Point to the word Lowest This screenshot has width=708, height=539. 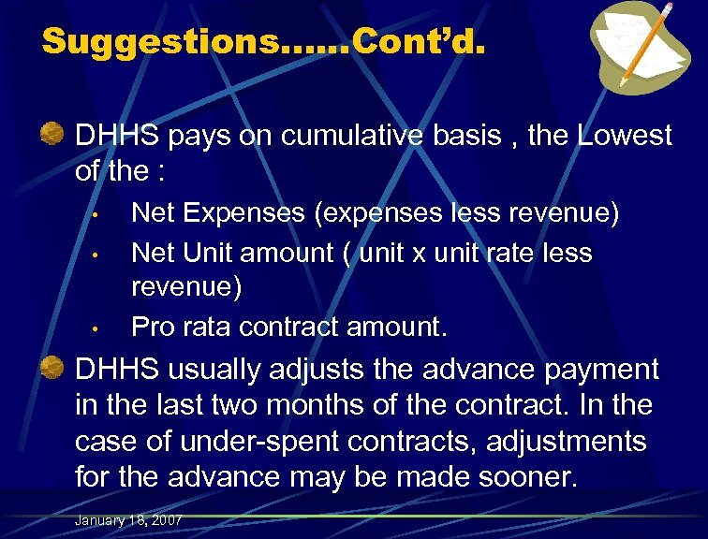coord(625,136)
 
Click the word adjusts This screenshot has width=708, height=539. coord(315,371)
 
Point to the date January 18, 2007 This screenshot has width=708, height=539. coord(129,520)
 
